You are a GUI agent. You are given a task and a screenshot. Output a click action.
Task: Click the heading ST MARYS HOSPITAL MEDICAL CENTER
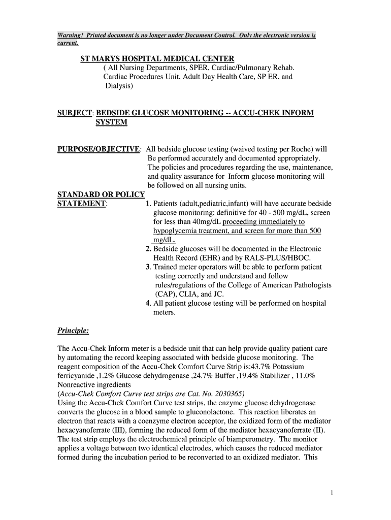coord(157,59)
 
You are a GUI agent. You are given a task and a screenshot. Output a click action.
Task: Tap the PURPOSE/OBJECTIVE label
coord(99,149)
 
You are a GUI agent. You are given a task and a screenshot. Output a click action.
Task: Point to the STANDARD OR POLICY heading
coord(101,194)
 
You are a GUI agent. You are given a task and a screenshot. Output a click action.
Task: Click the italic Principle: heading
coord(73,331)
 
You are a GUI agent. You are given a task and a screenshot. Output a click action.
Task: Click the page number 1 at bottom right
coord(331,493)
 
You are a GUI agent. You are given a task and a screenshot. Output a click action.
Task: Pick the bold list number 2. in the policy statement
coord(148,249)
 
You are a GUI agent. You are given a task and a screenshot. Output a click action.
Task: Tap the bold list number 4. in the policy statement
coord(148,304)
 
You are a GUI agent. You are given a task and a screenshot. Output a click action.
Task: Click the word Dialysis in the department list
coord(118,86)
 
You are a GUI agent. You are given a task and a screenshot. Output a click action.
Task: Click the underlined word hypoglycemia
coord(176,231)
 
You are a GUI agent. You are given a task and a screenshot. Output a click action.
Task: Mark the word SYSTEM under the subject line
coord(111,122)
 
